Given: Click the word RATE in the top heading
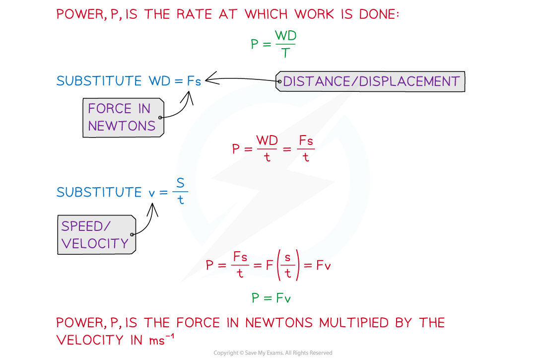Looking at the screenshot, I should point(194,14).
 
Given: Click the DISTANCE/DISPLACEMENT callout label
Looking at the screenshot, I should point(371,81).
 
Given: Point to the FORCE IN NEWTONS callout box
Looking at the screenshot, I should point(122,117).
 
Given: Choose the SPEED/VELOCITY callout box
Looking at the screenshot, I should point(95,234).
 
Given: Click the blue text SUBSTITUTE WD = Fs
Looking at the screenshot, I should point(129,81).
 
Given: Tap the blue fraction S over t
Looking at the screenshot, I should point(180,192).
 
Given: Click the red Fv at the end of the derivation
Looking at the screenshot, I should point(323,266).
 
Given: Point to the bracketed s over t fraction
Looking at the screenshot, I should point(288,266).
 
